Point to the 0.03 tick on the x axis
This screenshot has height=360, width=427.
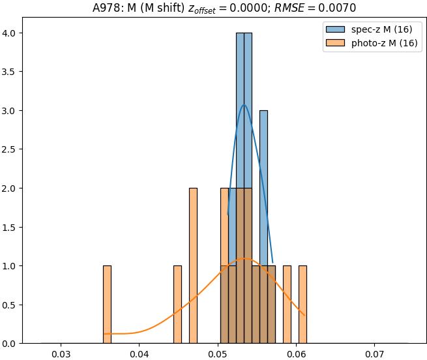[61, 354]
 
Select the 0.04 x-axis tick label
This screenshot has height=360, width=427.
[140, 354]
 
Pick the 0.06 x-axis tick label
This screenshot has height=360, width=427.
[297, 354]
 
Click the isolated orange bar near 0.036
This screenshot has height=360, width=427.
[107, 305]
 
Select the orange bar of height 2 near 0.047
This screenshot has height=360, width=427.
[193, 266]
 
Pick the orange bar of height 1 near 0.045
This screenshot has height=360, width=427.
[177, 305]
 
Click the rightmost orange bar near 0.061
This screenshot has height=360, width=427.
[302, 305]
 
